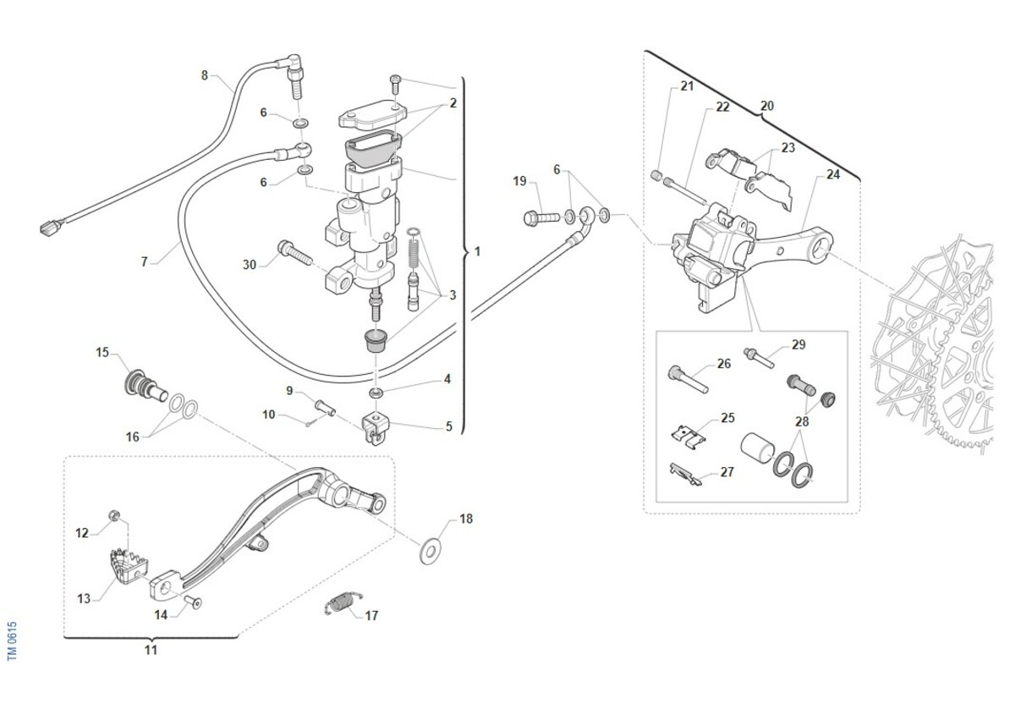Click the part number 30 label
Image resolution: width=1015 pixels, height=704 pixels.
click(249, 265)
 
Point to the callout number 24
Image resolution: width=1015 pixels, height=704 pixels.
click(833, 176)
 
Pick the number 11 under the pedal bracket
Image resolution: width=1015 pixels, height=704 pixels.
click(151, 651)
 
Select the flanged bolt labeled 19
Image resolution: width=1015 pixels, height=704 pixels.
click(541, 217)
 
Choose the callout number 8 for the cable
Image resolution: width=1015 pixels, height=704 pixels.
click(204, 75)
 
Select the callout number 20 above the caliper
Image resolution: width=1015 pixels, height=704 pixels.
click(767, 107)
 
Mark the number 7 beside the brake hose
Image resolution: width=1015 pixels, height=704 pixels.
click(144, 262)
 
